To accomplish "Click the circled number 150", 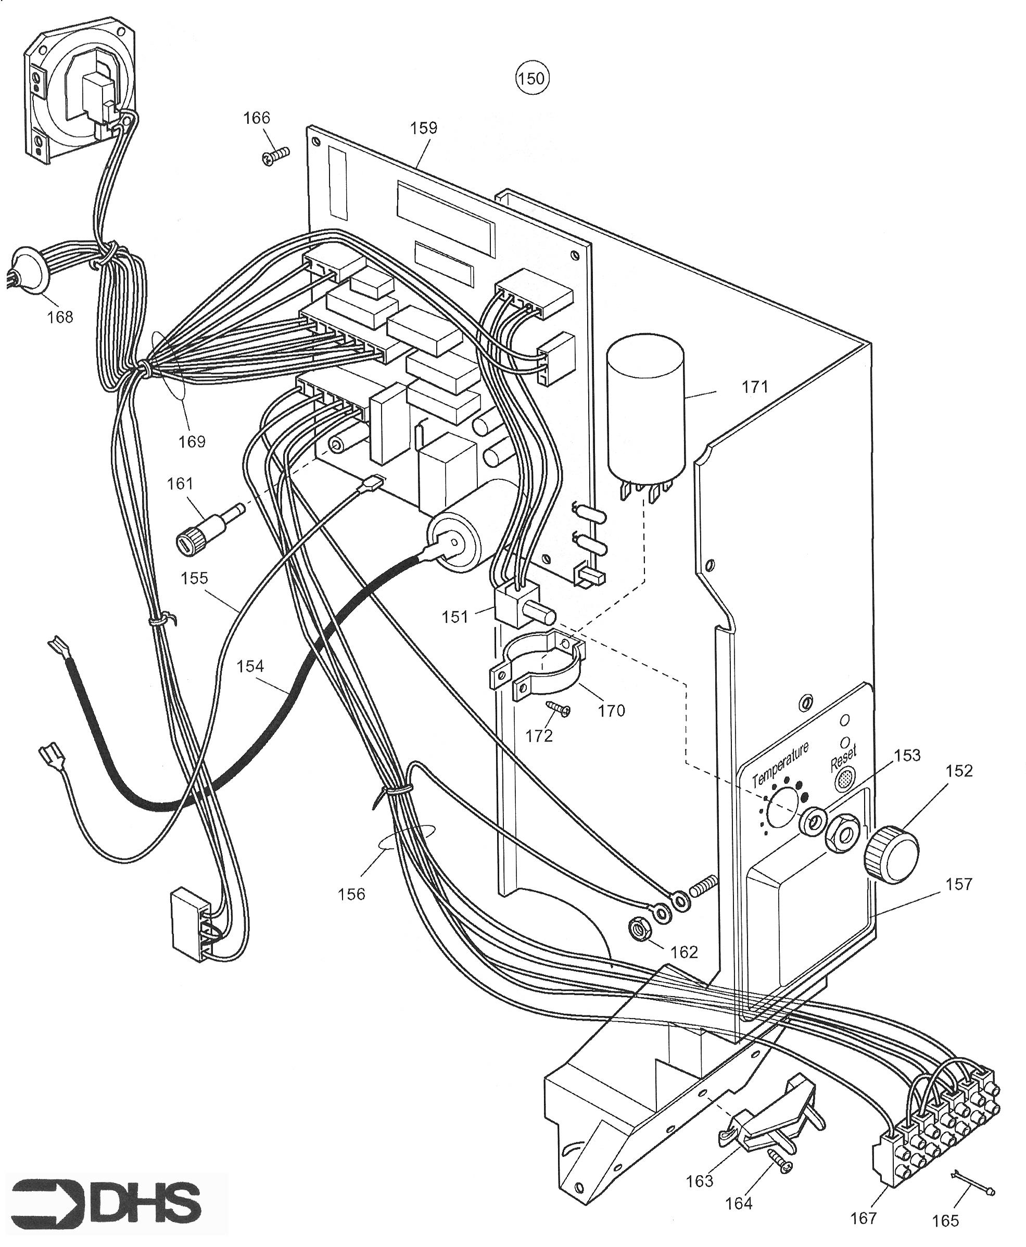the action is (531, 78).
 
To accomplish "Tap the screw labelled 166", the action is (275, 156).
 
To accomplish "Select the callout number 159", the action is (424, 128).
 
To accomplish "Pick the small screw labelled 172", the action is (558, 709).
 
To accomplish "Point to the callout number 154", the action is (250, 666).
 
